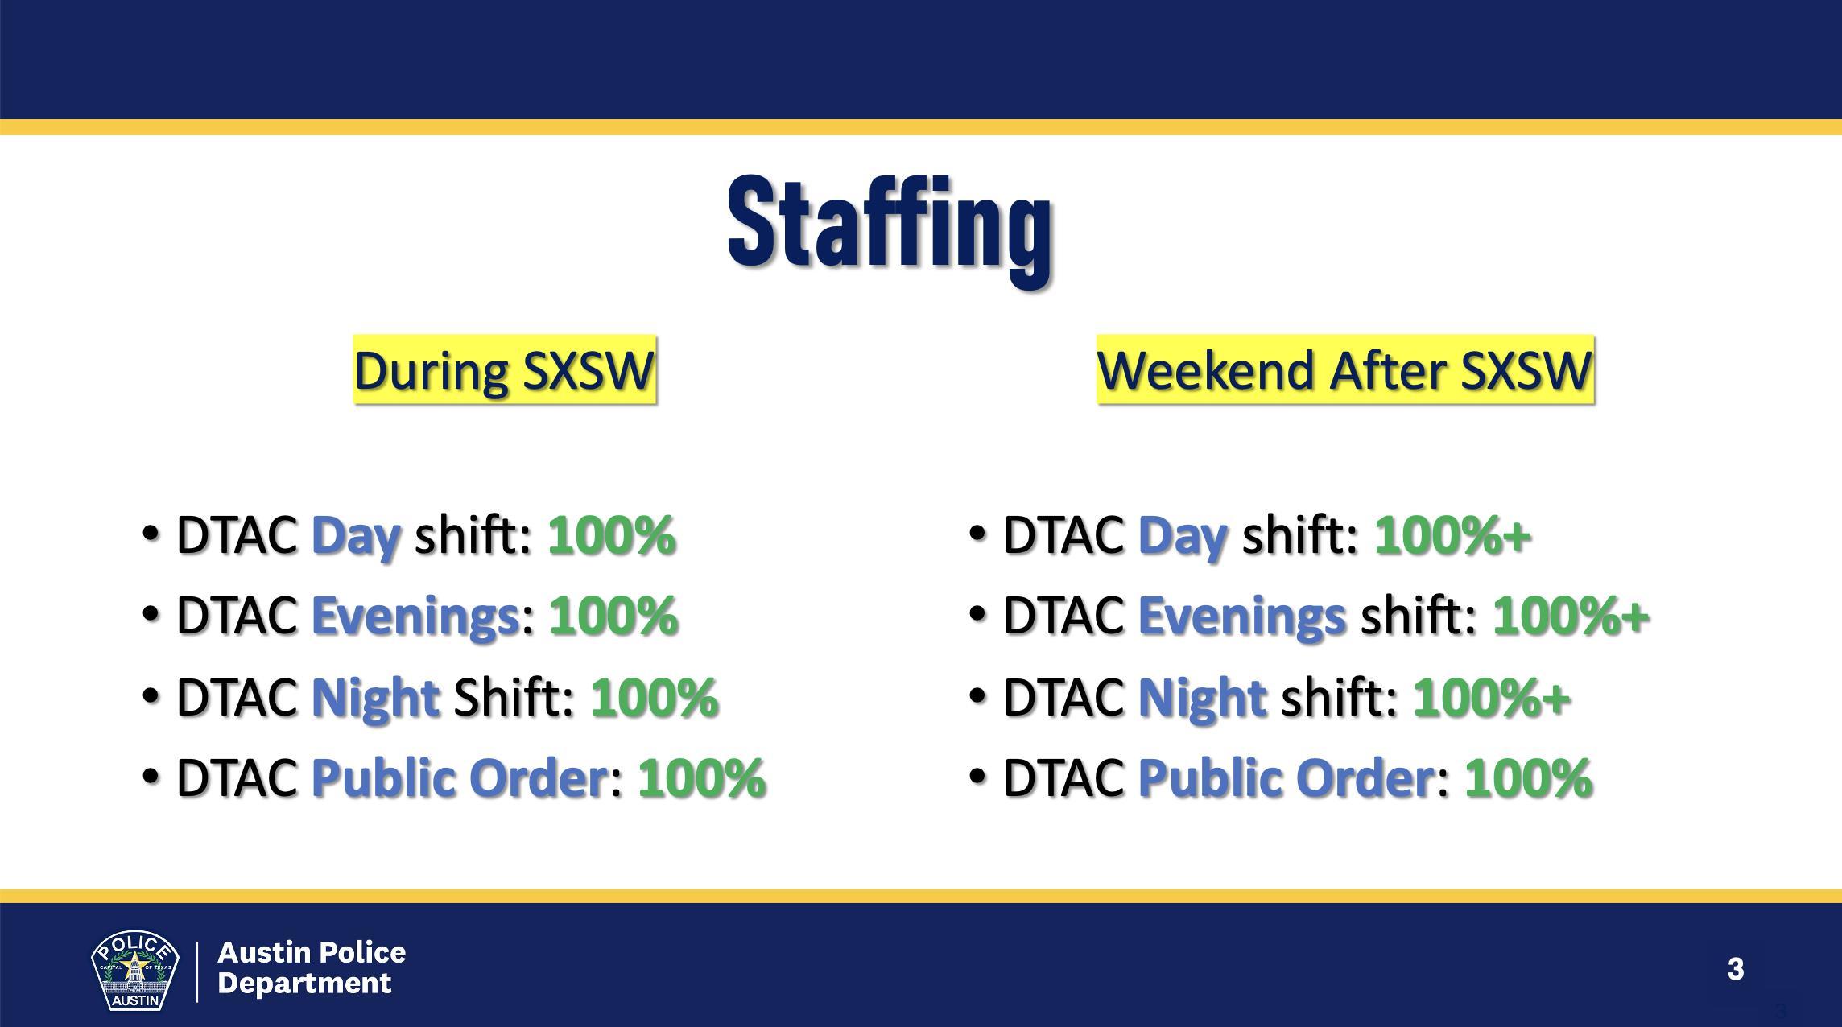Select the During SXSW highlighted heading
pyautogui.click(x=505, y=370)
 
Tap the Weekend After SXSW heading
pyautogui.click(x=1345, y=370)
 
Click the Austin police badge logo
pyautogui.click(x=134, y=971)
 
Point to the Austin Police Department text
pyautogui.click(x=312, y=967)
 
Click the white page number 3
pyautogui.click(x=1736, y=968)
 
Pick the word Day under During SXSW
pyautogui.click(x=356, y=536)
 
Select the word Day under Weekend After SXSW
pyautogui.click(x=1183, y=536)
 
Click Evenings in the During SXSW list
pyautogui.click(x=415, y=617)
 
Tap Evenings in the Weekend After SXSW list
pyautogui.click(x=1242, y=617)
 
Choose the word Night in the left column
pyautogui.click(x=375, y=697)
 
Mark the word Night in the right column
pyautogui.click(x=1203, y=697)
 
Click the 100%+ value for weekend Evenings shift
pyautogui.click(x=1571, y=617)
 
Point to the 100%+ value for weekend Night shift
pyautogui.click(x=1492, y=697)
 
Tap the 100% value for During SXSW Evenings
pyautogui.click(x=613, y=617)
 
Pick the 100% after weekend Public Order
pyautogui.click(x=1528, y=777)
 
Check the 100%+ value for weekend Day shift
pyautogui.click(x=1452, y=536)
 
